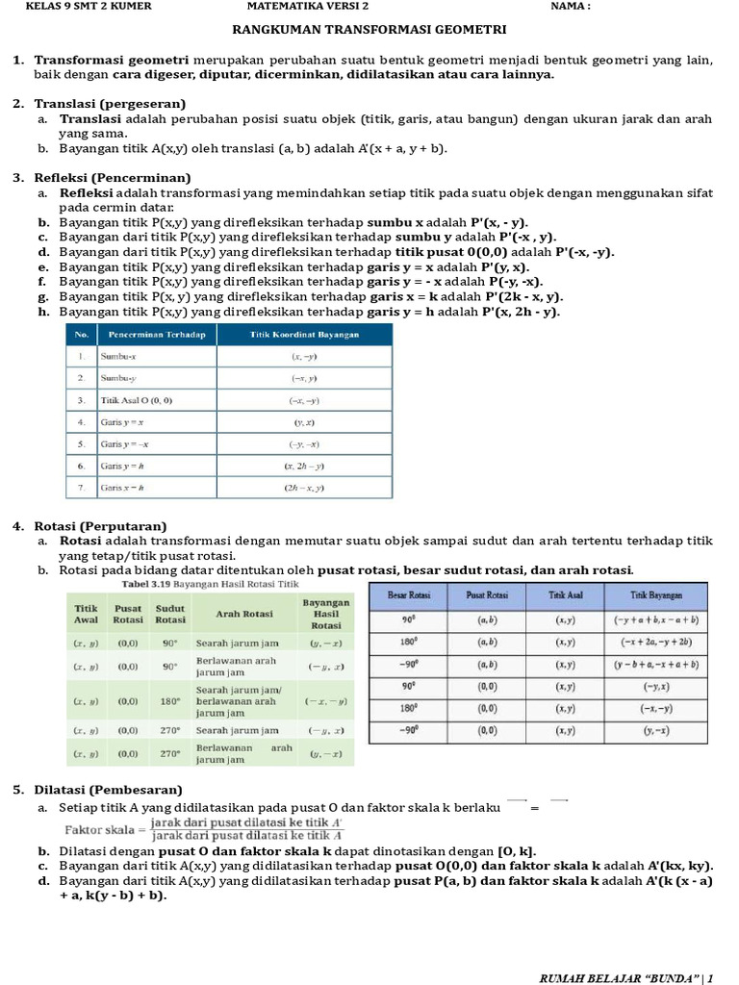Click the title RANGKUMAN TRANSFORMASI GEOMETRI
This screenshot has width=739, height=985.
tap(369, 30)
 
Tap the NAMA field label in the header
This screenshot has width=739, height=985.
tap(571, 6)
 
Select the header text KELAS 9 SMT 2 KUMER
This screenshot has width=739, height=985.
tap(89, 6)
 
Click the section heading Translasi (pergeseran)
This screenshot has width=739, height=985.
tap(110, 104)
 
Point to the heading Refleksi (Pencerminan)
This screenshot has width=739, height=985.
tap(113, 178)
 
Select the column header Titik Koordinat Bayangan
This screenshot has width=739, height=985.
tap(304, 334)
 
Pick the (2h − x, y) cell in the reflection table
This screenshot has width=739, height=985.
tap(304, 489)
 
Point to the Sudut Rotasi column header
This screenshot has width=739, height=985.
tap(170, 614)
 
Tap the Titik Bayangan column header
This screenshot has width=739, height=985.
tap(658, 596)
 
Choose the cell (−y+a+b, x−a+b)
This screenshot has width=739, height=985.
tap(658, 620)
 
